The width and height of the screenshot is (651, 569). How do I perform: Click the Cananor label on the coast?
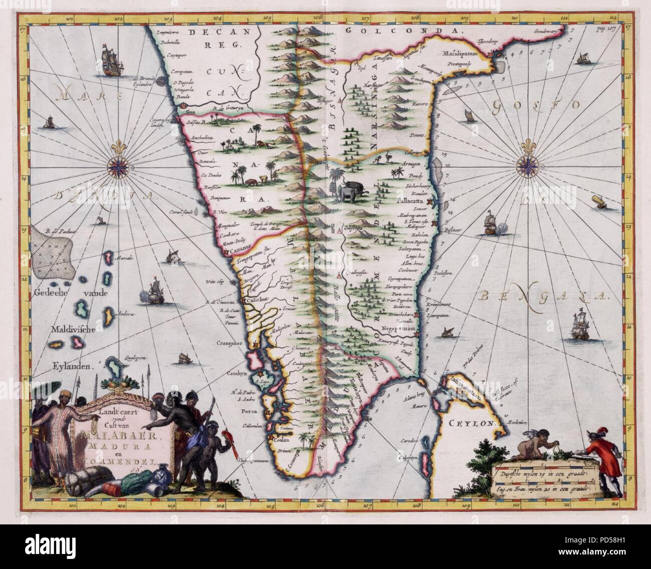[240, 247]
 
